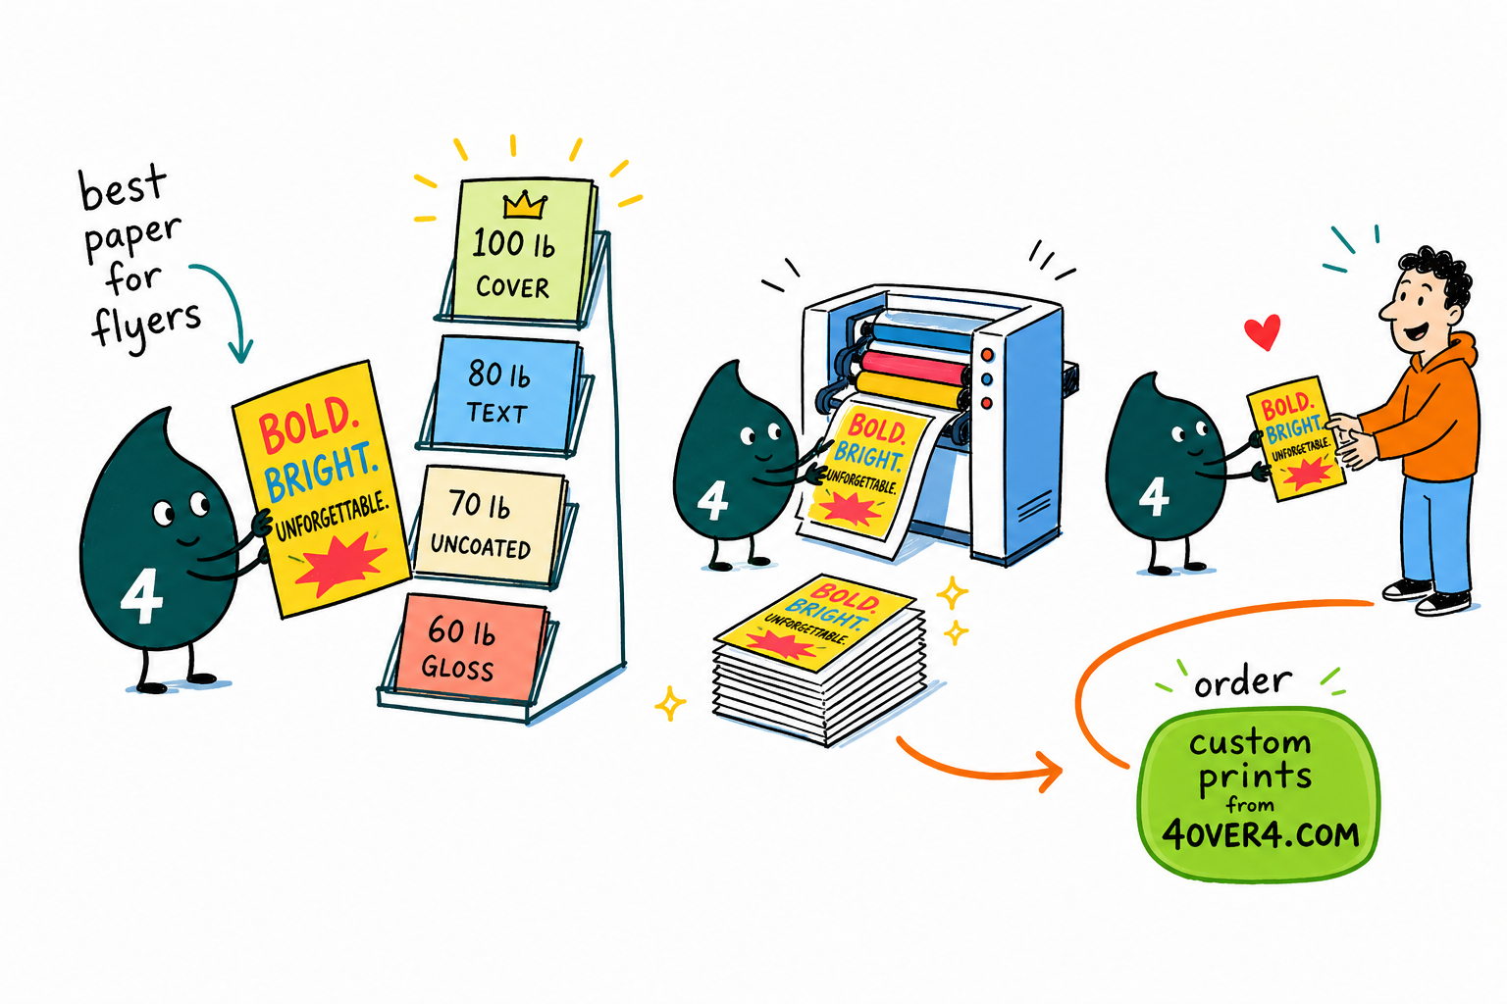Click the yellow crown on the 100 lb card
coord(525,205)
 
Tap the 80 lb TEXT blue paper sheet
coord(503,393)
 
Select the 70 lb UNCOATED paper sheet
coord(490,525)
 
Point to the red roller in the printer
coord(915,367)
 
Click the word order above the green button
coord(1243,682)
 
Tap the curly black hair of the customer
coord(1439,276)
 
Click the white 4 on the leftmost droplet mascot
coord(141,596)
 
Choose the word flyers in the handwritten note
coord(146,326)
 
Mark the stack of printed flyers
coord(819,659)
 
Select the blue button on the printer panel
coord(987,379)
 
